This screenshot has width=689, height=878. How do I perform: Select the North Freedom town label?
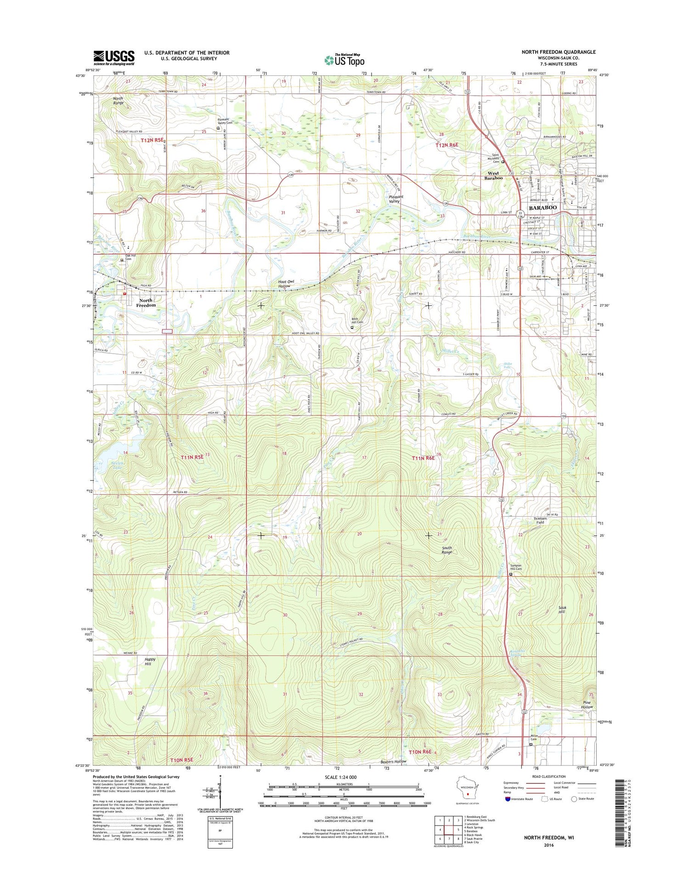click(x=146, y=303)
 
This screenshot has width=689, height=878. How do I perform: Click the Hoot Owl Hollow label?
click(x=284, y=284)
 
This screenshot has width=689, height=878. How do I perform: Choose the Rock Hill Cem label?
click(x=357, y=321)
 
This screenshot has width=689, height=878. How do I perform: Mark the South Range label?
click(x=446, y=550)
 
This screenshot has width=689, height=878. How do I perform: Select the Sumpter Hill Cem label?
click(x=516, y=567)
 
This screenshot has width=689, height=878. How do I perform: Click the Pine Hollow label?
click(x=587, y=704)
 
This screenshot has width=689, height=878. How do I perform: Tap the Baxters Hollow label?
click(x=393, y=761)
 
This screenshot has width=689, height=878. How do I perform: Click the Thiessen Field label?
click(x=539, y=520)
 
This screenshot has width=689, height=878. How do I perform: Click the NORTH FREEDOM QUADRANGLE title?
click(x=558, y=52)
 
